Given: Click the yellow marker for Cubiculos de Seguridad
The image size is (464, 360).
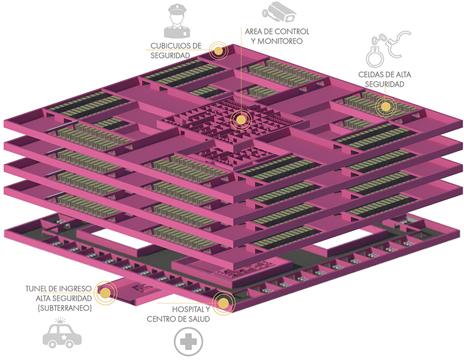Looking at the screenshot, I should point(218,50).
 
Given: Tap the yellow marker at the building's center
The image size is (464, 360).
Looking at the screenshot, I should point(241,120).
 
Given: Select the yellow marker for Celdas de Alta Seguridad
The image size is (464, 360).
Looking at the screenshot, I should point(386,105).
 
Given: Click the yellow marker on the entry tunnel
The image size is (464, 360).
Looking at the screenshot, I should point(104,293).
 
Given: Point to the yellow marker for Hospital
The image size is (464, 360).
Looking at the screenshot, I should point(223,303).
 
